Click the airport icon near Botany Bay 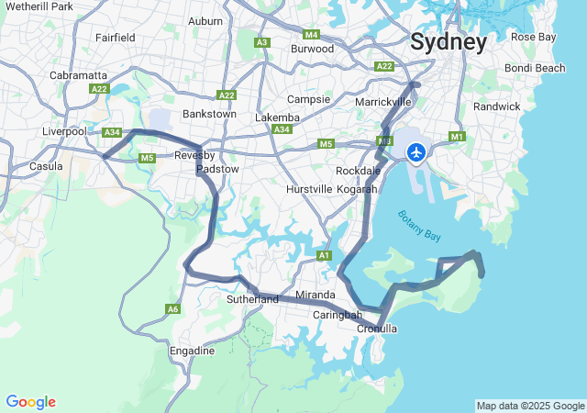[x=416, y=151]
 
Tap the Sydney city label [x=449, y=42]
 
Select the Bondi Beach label [x=535, y=68]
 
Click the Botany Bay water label [x=419, y=226]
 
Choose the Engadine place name [x=192, y=351]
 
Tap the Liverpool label [x=64, y=131]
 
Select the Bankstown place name [x=210, y=114]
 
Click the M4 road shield [x=312, y=35]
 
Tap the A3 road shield [x=262, y=42]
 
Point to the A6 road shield [x=173, y=309]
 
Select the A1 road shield [x=323, y=255]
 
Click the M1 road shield [x=457, y=137]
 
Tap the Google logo [x=30, y=402]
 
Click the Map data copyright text [x=530, y=406]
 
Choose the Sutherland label [x=252, y=299]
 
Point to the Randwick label [x=497, y=106]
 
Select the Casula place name [x=46, y=166]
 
